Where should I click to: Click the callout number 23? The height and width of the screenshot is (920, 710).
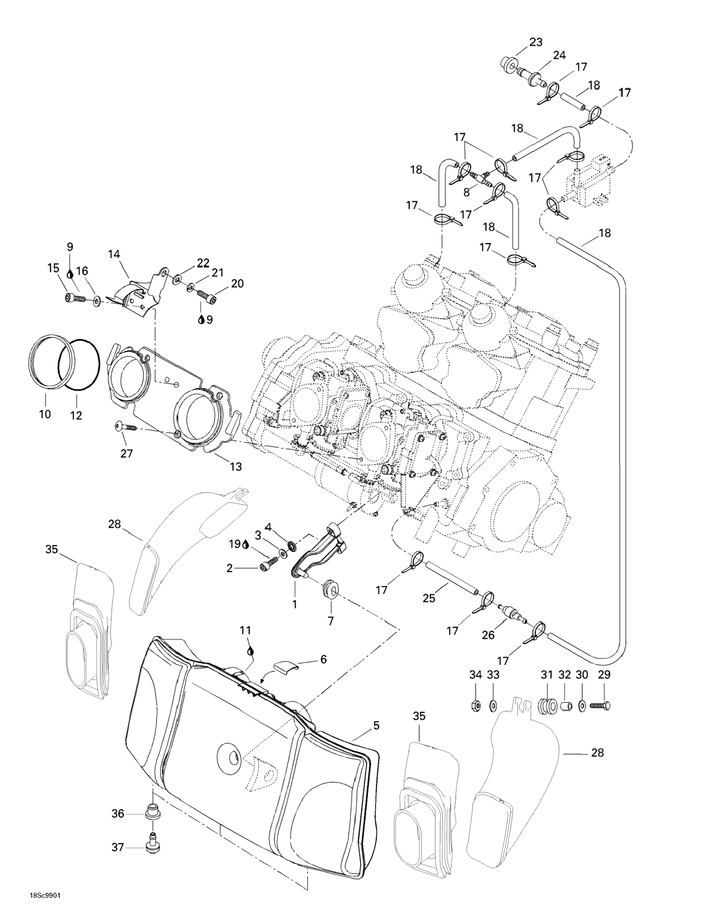click(536, 42)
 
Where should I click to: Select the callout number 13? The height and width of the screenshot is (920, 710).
click(236, 466)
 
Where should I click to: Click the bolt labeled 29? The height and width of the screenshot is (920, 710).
click(600, 705)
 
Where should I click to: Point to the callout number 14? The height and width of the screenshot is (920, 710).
click(114, 254)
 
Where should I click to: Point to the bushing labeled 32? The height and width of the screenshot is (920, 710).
click(564, 705)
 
